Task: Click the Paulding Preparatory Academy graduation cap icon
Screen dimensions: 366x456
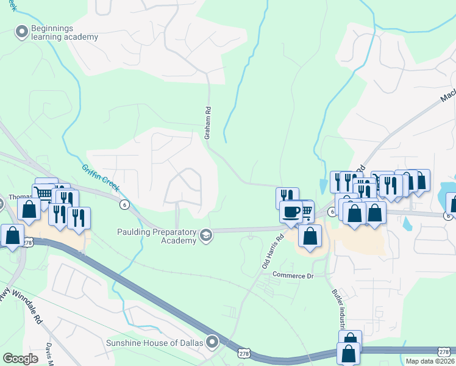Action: click(206, 235)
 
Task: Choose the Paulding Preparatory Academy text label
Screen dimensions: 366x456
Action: click(157, 236)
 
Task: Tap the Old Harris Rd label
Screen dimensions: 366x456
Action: click(273, 251)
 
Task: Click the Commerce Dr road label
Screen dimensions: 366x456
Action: click(293, 276)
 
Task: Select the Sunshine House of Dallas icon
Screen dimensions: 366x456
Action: click(212, 342)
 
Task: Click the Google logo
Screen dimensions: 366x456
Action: click(21, 359)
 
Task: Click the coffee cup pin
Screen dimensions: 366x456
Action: click(291, 212)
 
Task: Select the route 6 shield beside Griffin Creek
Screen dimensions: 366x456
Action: click(124, 204)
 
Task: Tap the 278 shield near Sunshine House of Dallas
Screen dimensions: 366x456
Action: click(244, 353)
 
